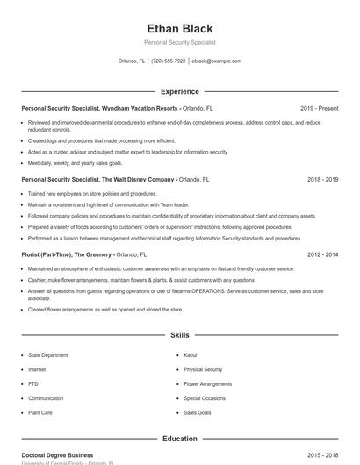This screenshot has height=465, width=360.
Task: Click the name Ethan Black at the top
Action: tap(180, 29)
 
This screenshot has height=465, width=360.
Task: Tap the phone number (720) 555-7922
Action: tap(169, 61)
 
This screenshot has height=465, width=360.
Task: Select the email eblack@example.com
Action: tap(216, 61)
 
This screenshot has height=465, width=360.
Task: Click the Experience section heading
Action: tap(180, 91)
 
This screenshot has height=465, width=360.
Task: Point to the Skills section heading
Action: tap(180, 335)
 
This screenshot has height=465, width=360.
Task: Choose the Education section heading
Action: tap(180, 439)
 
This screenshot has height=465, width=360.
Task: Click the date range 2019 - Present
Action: tap(319, 108)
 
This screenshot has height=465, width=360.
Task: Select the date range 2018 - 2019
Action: tap(322, 179)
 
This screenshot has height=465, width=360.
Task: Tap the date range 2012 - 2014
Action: tap(322, 254)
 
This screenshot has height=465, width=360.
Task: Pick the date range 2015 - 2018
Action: tap(322, 455)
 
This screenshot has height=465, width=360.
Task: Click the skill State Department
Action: tap(47, 356)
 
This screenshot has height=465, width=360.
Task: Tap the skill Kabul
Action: tap(190, 356)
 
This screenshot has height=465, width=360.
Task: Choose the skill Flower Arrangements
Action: tap(207, 384)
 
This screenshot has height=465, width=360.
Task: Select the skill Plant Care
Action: tap(40, 412)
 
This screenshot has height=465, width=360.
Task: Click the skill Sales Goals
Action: tap(198, 412)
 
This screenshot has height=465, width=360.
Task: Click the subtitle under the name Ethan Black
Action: tap(180, 42)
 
